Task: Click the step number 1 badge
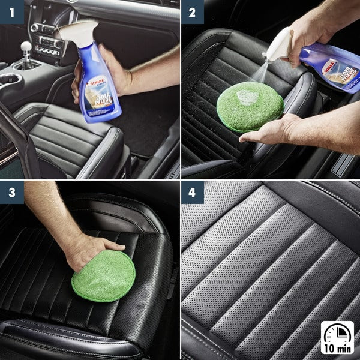(x=11, y=11)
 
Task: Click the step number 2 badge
(x=193, y=11)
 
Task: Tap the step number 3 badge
(x=11, y=193)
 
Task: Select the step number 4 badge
(x=193, y=193)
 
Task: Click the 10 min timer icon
(x=337, y=337)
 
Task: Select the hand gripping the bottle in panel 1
(x=108, y=66)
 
